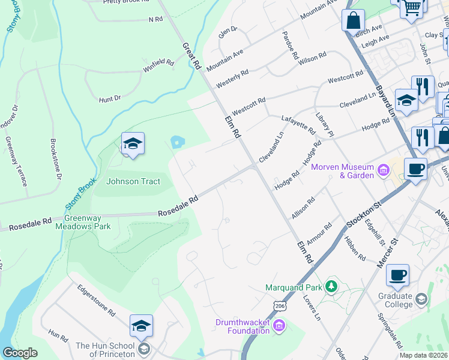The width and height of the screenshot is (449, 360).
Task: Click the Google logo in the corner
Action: (20, 353)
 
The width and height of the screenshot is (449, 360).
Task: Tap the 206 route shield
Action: (279, 306)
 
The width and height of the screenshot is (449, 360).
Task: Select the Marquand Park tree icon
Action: (330, 287)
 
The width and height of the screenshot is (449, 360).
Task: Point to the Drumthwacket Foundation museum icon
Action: (278, 326)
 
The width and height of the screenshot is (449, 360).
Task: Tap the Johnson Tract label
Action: (133, 181)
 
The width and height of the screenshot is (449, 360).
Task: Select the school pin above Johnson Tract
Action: (133, 144)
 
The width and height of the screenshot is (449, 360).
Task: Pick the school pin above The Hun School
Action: (141, 326)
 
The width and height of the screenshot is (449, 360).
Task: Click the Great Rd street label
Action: (190, 56)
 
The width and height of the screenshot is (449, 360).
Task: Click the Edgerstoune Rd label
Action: (96, 300)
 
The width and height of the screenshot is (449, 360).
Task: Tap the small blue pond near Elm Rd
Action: (177, 142)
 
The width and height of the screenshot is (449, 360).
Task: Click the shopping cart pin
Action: (411, 8)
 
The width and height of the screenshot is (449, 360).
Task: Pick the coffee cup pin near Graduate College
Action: (397, 276)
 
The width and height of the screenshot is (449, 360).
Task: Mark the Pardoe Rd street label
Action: (290, 46)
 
